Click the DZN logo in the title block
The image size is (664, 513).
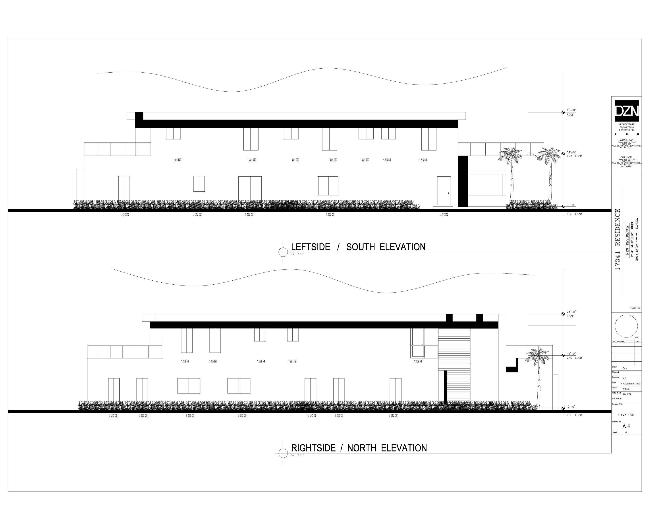627,111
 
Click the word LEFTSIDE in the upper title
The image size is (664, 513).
310,247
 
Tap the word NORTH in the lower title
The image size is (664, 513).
361,448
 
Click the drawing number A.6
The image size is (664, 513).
626,427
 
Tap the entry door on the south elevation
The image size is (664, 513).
444,191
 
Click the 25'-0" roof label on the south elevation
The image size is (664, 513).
571,110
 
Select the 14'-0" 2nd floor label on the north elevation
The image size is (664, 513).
571,354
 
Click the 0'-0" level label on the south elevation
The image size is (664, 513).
571,205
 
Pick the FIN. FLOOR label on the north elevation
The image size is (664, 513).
574,415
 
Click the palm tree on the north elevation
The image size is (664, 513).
538,374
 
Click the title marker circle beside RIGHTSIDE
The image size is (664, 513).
283,453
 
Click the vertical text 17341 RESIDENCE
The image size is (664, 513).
617,239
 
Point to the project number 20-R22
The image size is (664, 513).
627,394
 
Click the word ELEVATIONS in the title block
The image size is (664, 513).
626,415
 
